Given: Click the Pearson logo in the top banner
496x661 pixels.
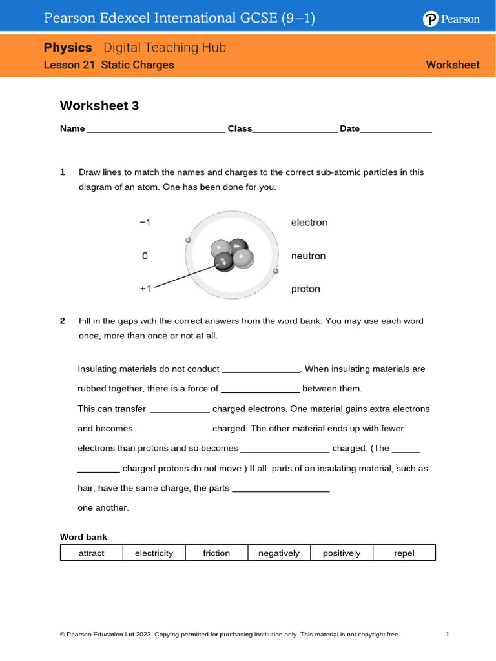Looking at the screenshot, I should [451, 19].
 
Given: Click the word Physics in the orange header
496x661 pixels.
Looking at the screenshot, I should [68, 48].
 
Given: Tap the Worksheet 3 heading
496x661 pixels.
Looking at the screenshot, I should [99, 106].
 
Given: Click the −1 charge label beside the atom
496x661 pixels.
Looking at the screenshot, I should [145, 223].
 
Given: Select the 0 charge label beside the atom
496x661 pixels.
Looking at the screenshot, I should [145, 256].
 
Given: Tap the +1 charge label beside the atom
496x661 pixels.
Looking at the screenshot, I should [145, 289].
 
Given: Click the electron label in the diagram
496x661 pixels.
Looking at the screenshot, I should [309, 223].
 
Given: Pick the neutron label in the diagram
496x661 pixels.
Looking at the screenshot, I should [308, 256].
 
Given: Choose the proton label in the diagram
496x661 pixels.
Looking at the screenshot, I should [305, 289].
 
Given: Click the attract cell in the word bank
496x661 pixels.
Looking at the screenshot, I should [91, 553].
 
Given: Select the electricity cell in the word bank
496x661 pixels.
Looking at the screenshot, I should [154, 553].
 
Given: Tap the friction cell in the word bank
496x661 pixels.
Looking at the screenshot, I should [216, 553].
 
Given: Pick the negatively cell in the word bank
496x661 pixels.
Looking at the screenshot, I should [279, 553].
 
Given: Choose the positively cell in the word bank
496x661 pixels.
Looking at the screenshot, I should [342, 553].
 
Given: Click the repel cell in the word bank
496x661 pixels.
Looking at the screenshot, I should [404, 553].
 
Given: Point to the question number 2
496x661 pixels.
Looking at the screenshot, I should [63, 321].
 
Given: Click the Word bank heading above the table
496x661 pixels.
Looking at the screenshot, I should [83, 537].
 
